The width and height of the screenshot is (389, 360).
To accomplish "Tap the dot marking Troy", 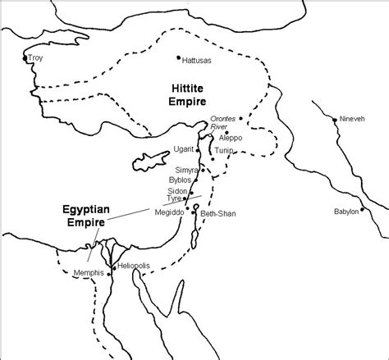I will (x=24, y=58).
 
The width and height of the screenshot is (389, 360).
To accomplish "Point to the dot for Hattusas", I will (x=178, y=57).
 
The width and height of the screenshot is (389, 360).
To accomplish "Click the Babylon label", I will (x=346, y=211).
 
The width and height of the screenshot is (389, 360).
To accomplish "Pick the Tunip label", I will (x=225, y=151).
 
